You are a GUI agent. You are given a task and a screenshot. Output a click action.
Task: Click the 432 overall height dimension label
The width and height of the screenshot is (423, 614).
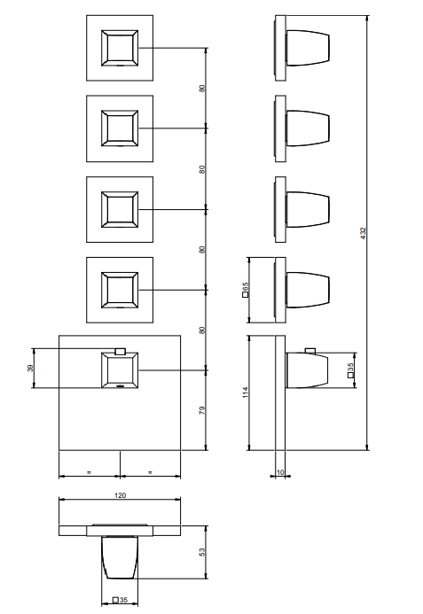point(363,233)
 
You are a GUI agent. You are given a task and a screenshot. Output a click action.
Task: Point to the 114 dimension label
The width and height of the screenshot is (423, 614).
point(246,392)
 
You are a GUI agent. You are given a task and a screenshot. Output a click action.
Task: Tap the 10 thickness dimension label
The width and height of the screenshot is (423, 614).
point(280,472)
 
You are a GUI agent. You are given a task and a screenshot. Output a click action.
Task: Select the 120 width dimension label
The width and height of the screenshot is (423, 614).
point(120,495)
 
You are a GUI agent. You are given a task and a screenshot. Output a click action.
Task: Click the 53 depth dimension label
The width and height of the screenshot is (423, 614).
point(202,552)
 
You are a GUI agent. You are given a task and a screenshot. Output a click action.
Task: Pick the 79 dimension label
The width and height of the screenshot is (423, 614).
point(202,411)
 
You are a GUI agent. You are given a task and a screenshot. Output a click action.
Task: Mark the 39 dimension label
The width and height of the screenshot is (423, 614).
point(30,368)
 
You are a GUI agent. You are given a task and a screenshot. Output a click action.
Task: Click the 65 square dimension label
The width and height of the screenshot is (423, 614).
point(246,290)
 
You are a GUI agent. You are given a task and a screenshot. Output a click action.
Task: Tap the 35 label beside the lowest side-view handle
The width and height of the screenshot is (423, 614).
point(350,370)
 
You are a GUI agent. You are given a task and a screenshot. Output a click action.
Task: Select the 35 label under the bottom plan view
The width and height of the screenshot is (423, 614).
point(121,600)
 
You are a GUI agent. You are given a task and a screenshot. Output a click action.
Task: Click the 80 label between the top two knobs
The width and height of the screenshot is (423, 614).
point(202,89)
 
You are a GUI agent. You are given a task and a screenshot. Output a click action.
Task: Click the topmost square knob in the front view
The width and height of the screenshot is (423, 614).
point(120,48)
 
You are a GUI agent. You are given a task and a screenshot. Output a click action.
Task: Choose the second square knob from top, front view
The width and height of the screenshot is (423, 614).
point(120,128)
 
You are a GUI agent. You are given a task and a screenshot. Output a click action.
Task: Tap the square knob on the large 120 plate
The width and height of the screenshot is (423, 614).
point(120,370)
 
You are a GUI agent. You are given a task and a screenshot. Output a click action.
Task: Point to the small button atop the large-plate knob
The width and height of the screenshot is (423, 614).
point(120,351)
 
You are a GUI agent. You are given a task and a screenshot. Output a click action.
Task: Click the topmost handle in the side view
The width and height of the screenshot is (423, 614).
point(308,48)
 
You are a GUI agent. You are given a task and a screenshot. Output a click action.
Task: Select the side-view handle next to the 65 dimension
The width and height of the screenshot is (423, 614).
point(308,290)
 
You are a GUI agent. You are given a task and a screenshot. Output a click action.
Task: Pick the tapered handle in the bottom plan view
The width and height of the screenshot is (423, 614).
point(120,557)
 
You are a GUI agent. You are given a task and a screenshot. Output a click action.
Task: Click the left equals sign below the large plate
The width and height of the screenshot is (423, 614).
point(89,472)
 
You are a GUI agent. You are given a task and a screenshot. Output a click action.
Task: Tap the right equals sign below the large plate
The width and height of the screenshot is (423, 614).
point(150,472)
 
